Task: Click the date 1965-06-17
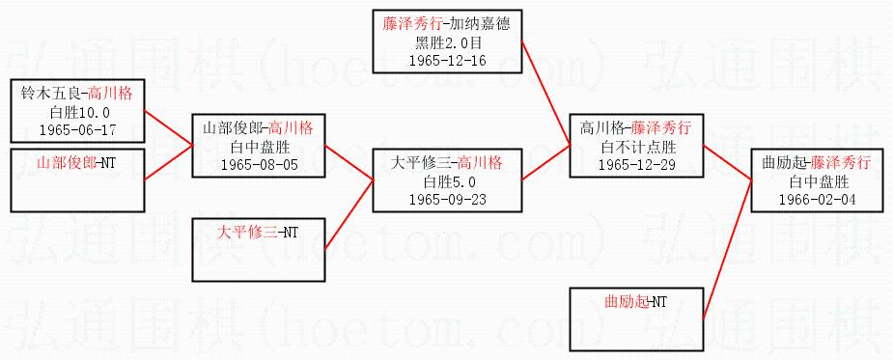(77, 129)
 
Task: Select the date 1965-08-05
(259, 165)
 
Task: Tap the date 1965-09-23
(447, 200)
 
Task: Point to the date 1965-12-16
(447, 61)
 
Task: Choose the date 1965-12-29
(637, 165)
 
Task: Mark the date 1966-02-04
(819, 200)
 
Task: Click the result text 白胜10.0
(77, 112)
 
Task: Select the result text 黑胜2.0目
(447, 42)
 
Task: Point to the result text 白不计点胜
(638, 147)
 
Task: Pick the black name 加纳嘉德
(486, 24)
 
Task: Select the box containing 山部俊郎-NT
(77, 180)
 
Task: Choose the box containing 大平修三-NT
(259, 250)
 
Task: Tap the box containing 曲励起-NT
(637, 319)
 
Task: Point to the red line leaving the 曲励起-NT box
(728, 250)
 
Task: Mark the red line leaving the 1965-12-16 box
(545, 94)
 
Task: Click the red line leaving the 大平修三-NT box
(349, 215)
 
